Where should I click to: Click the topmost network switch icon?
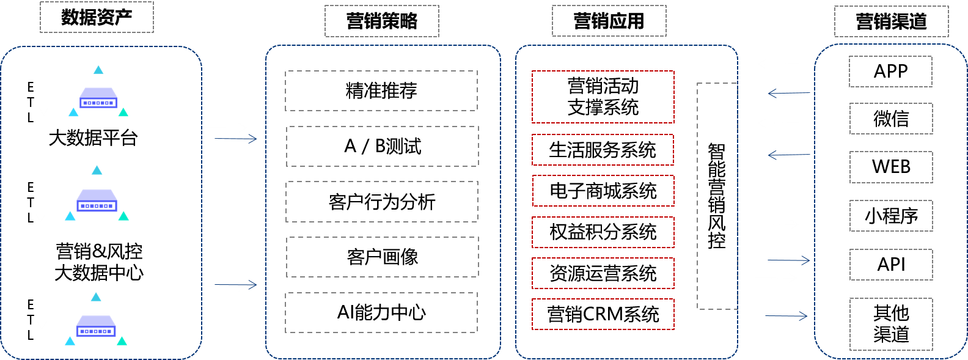[98, 98]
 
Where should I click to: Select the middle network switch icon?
[97, 200]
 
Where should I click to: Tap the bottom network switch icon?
[96, 326]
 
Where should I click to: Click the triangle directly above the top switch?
[98, 70]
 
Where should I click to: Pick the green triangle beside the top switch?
[123, 112]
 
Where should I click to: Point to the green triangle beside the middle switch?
[123, 216]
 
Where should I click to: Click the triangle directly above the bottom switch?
[96, 297]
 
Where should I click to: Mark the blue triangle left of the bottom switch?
[70, 341]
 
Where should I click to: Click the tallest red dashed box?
[603, 97]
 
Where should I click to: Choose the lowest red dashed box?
[603, 314]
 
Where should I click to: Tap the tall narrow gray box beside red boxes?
[717, 196]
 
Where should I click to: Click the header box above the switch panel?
[97, 17]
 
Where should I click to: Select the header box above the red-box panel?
[609, 21]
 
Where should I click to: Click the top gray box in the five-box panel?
[381, 90]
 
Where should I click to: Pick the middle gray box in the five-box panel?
[382, 202]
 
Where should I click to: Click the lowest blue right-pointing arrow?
[787, 316]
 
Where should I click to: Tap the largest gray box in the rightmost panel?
[891, 324]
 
